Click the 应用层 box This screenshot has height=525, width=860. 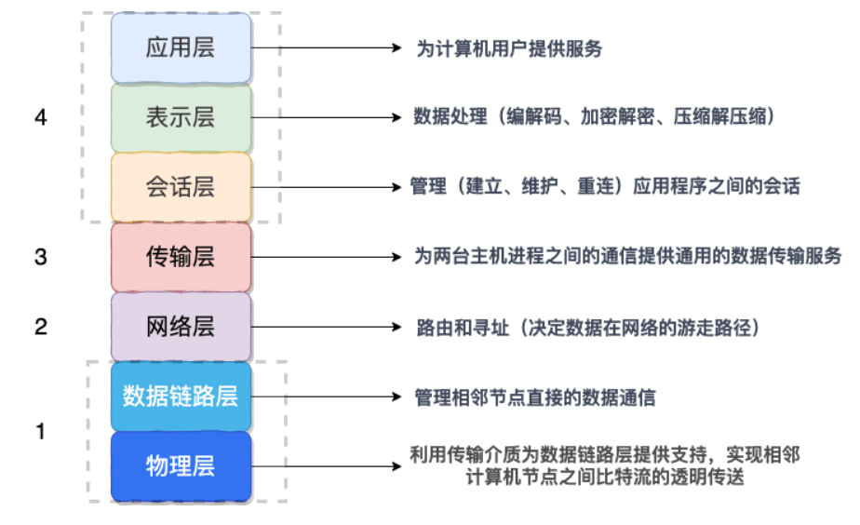pos(181,47)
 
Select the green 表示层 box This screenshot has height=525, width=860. pos(181,117)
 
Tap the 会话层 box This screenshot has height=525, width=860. pos(181,187)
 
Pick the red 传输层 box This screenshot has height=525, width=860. pos(181,257)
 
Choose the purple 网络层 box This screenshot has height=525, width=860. pos(181,327)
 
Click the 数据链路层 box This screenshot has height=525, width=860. pos(181,397)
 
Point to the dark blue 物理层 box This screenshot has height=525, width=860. pos(181,466)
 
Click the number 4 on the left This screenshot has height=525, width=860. pos(40,118)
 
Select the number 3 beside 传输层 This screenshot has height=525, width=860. pos(40,257)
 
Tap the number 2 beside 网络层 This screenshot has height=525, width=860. pos(40,327)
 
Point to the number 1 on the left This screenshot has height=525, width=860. pos(40,432)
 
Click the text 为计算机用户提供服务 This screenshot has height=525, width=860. pos(508,48)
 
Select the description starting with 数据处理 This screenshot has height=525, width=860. pos(595,118)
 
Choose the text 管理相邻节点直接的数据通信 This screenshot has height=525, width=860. pos(535,397)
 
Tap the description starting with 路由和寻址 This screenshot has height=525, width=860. pos(589,328)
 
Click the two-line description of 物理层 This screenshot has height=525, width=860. pos(605,466)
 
